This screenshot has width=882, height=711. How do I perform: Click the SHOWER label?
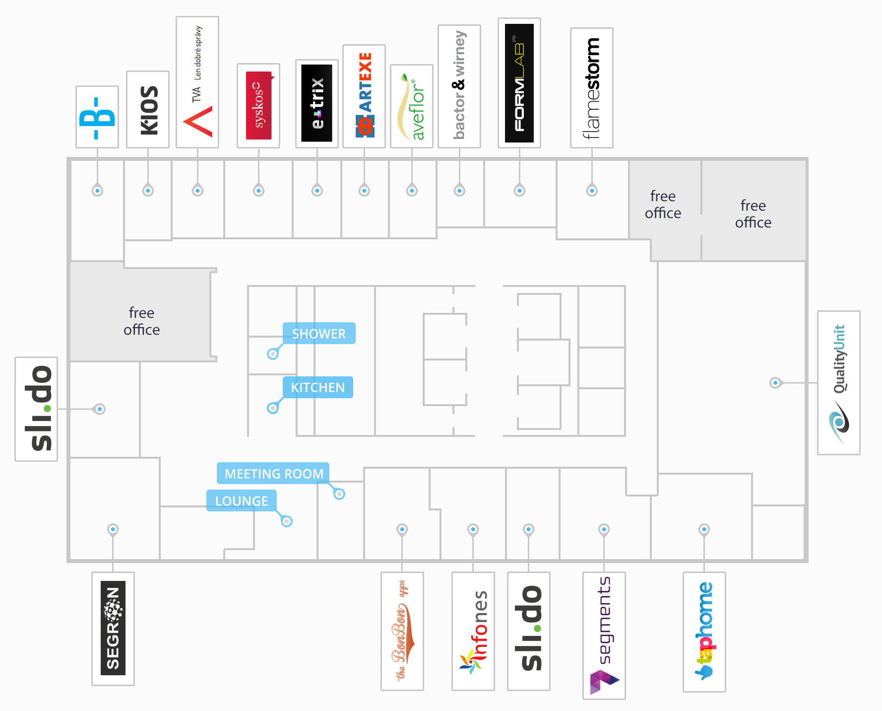(x=319, y=334)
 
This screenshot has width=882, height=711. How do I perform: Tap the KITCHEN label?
(x=317, y=387)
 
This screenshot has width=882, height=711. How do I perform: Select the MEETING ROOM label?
(x=273, y=474)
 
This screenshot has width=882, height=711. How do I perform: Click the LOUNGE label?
(x=242, y=500)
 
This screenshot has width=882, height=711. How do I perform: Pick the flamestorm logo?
(x=591, y=88)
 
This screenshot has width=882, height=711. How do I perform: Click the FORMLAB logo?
(x=519, y=83)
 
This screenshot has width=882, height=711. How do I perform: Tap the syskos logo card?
(x=258, y=106)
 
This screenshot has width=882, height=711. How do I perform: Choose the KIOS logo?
(x=148, y=110)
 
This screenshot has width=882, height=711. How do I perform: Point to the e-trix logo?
(x=317, y=103)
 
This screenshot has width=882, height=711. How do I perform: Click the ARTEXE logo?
(x=364, y=96)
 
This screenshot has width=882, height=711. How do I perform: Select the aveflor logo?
(x=412, y=106)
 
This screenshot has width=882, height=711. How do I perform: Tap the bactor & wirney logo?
(x=459, y=86)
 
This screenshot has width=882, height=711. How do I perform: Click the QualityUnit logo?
(x=839, y=383)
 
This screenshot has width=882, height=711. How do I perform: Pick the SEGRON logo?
(x=113, y=629)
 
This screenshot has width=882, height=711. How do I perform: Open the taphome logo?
(x=704, y=632)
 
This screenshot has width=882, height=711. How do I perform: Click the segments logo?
(x=604, y=636)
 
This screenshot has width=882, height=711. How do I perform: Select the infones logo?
(x=473, y=631)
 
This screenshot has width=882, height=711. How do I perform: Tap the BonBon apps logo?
(x=402, y=631)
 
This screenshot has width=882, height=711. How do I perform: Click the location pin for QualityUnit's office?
(x=775, y=383)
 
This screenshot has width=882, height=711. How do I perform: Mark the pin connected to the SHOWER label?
(x=273, y=354)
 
